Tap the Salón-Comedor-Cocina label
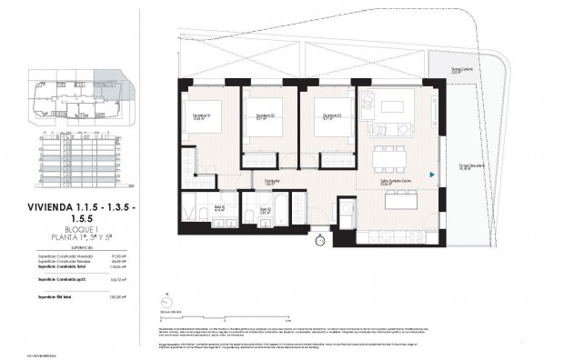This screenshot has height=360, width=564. (396, 181)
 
